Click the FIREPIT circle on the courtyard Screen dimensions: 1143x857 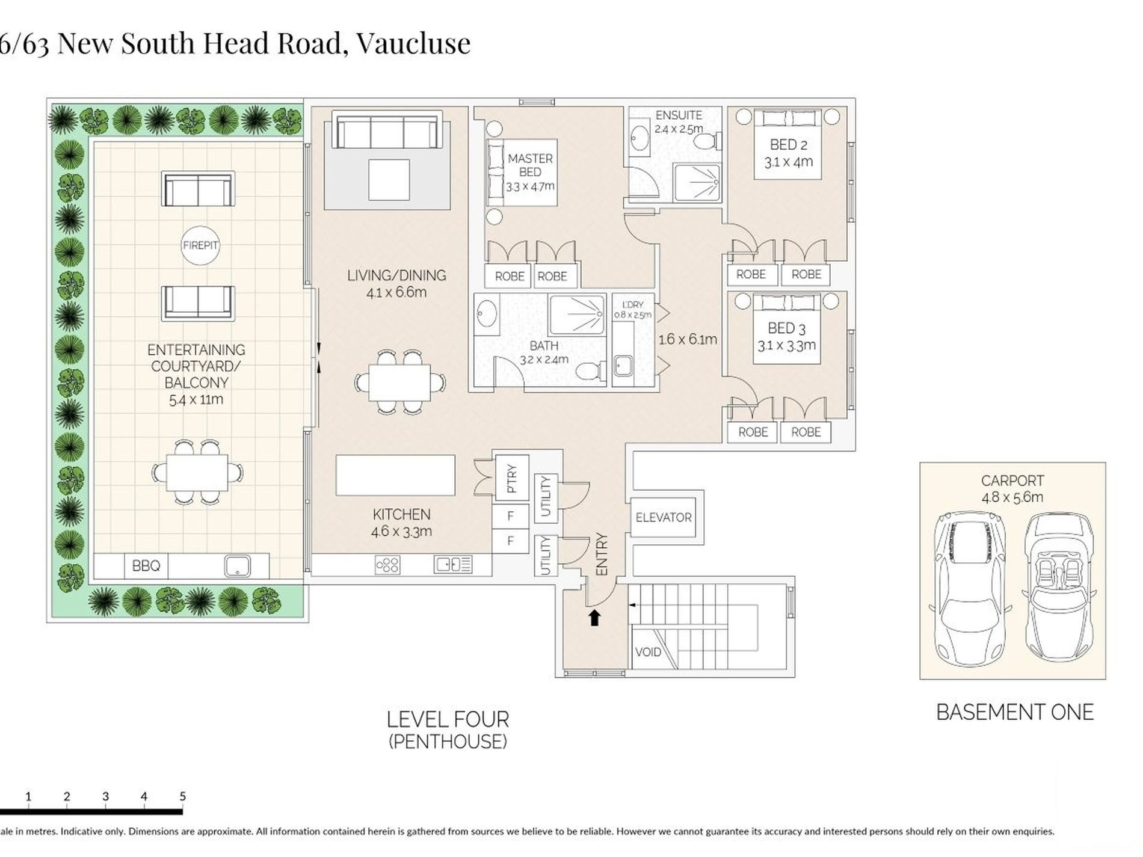pyautogui.click(x=200, y=245)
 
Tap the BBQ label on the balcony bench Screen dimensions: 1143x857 pyautogui.click(x=146, y=566)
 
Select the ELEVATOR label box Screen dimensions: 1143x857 pyautogui.click(x=664, y=517)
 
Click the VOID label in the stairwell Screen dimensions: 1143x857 pyautogui.click(x=648, y=652)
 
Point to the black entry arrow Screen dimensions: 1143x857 pyautogui.click(x=595, y=618)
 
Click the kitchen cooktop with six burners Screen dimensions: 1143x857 pyautogui.click(x=387, y=565)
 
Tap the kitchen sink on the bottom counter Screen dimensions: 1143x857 pyautogui.click(x=453, y=565)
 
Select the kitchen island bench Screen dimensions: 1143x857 pyautogui.click(x=395, y=475)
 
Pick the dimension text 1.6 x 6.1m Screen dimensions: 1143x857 pyautogui.click(x=688, y=339)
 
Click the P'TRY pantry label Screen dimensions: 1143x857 pyautogui.click(x=511, y=479)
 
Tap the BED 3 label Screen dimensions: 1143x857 pyautogui.click(x=786, y=328)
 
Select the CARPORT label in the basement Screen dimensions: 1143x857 pyautogui.click(x=1012, y=481)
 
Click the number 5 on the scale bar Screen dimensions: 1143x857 pyautogui.click(x=182, y=796)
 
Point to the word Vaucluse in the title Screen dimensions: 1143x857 pyautogui.click(x=413, y=43)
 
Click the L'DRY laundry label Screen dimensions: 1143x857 pyautogui.click(x=633, y=305)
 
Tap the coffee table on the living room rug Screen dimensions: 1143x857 pyautogui.click(x=389, y=180)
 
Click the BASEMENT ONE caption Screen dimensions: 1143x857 pyautogui.click(x=1015, y=712)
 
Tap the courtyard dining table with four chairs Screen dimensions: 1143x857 pyautogui.click(x=197, y=473)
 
